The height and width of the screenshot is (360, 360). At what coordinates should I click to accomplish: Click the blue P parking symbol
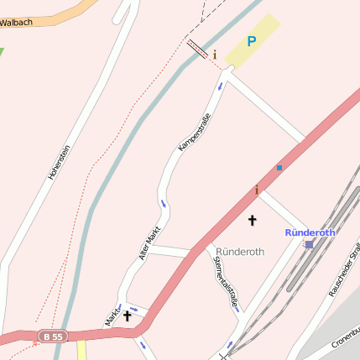coord(251,40)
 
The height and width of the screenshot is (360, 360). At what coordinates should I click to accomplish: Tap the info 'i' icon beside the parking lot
coord(214,55)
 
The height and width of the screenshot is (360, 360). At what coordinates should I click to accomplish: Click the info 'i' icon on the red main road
coord(257,190)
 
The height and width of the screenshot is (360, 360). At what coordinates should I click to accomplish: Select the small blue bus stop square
coord(279,168)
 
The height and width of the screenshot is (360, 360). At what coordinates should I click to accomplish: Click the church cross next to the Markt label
coord(128,316)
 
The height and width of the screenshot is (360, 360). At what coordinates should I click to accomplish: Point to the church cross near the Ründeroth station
coord(251,220)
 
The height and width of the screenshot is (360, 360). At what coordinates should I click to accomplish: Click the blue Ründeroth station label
coord(310,232)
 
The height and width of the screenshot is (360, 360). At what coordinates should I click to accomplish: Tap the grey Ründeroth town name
coord(240,251)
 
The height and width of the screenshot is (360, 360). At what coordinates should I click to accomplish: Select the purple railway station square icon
coord(309,244)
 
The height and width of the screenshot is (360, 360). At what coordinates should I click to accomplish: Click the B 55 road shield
coord(51,337)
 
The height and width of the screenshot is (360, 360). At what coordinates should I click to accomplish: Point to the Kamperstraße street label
coord(193,133)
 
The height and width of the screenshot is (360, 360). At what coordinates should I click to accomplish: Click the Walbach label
coord(16,22)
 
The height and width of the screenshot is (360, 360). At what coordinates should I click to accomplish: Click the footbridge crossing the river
coord(197,49)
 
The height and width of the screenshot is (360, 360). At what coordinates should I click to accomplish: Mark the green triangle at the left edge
coord(2,52)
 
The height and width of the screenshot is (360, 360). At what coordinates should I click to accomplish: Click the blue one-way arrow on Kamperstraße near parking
coord(221,86)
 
